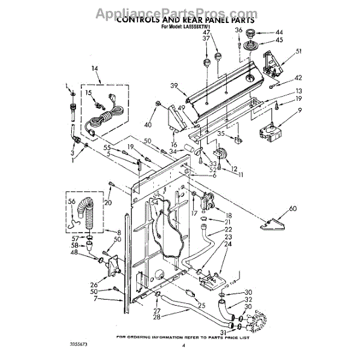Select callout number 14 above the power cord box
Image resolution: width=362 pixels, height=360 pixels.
(94, 68)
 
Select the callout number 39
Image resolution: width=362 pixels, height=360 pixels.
(175, 86)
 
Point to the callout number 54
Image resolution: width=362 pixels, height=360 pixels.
(153, 204)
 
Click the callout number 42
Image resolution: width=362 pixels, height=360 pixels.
(297, 78)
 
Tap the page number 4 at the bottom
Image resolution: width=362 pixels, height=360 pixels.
(182, 346)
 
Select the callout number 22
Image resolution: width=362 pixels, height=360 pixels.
(228, 230)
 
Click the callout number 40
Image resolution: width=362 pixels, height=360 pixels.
(147, 124)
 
